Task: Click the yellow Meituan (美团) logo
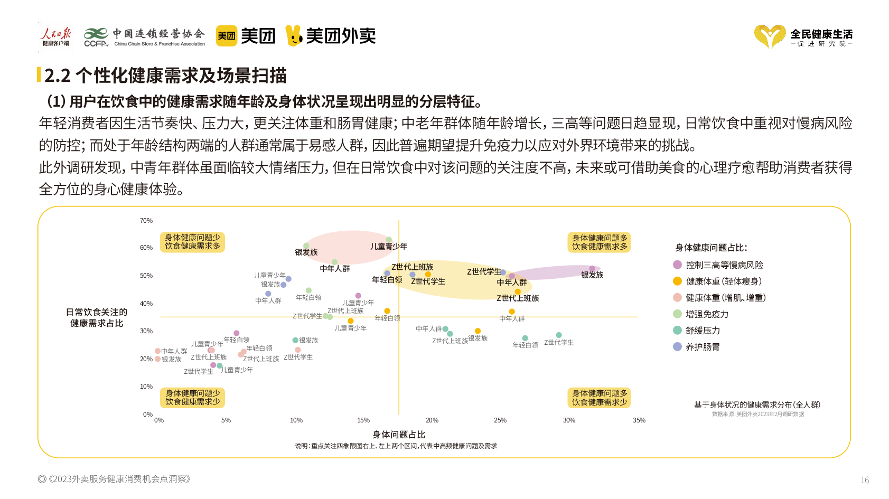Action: coord(227,36)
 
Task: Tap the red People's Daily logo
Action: coord(55,36)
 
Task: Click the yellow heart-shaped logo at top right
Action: coord(769,36)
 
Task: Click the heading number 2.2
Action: coord(57,76)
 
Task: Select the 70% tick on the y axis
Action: coord(146,221)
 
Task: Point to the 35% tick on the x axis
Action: coord(639,420)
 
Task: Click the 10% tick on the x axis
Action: coord(296,420)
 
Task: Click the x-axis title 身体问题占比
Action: coord(399,435)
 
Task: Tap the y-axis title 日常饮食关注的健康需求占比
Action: coord(97,318)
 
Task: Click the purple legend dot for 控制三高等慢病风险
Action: coord(677,265)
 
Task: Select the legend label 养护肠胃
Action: coord(703,347)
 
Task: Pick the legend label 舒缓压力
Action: coord(703,331)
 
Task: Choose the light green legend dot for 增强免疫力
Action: coord(677,314)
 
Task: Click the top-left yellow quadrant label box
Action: coord(193,242)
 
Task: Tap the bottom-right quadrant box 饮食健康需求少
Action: coord(600,398)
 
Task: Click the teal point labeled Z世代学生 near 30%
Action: coord(559,335)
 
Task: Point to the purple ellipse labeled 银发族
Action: coord(560,272)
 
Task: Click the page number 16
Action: coord(865,480)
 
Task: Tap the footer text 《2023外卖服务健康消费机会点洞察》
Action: coord(119,479)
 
